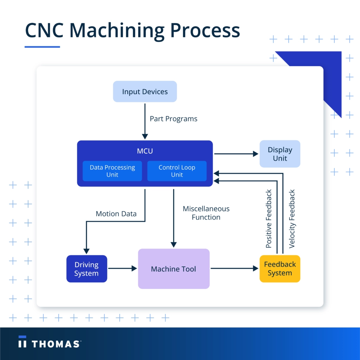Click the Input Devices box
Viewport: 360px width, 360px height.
pyautogui.click(x=145, y=92)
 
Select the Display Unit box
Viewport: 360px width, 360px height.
pyautogui.click(x=280, y=154)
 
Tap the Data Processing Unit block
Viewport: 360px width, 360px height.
pyautogui.click(x=112, y=171)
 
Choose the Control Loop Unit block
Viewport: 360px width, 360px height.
pyautogui.click(x=177, y=171)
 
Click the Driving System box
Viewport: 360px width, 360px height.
pyautogui.click(x=86, y=269)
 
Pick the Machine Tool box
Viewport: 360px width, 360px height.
pyautogui.click(x=174, y=269)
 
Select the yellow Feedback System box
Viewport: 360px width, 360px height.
pyautogui.click(x=280, y=269)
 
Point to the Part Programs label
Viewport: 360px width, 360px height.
pyautogui.click(x=173, y=119)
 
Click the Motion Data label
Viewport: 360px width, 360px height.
pyautogui.click(x=116, y=214)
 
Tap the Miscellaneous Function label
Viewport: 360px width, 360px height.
pyautogui.click(x=206, y=213)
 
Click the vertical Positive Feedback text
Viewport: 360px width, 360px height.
pyautogui.click(x=269, y=219)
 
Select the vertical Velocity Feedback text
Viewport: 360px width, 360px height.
pyautogui.click(x=292, y=219)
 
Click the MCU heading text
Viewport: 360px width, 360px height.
pyautogui.click(x=145, y=151)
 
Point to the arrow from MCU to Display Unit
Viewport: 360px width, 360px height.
pyautogui.click(x=236, y=154)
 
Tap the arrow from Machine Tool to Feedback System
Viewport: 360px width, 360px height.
pyautogui.click(x=234, y=269)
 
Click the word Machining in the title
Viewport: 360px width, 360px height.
pyautogui.click(x=120, y=31)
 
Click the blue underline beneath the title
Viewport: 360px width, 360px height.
pyautogui.click(x=42, y=46)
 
